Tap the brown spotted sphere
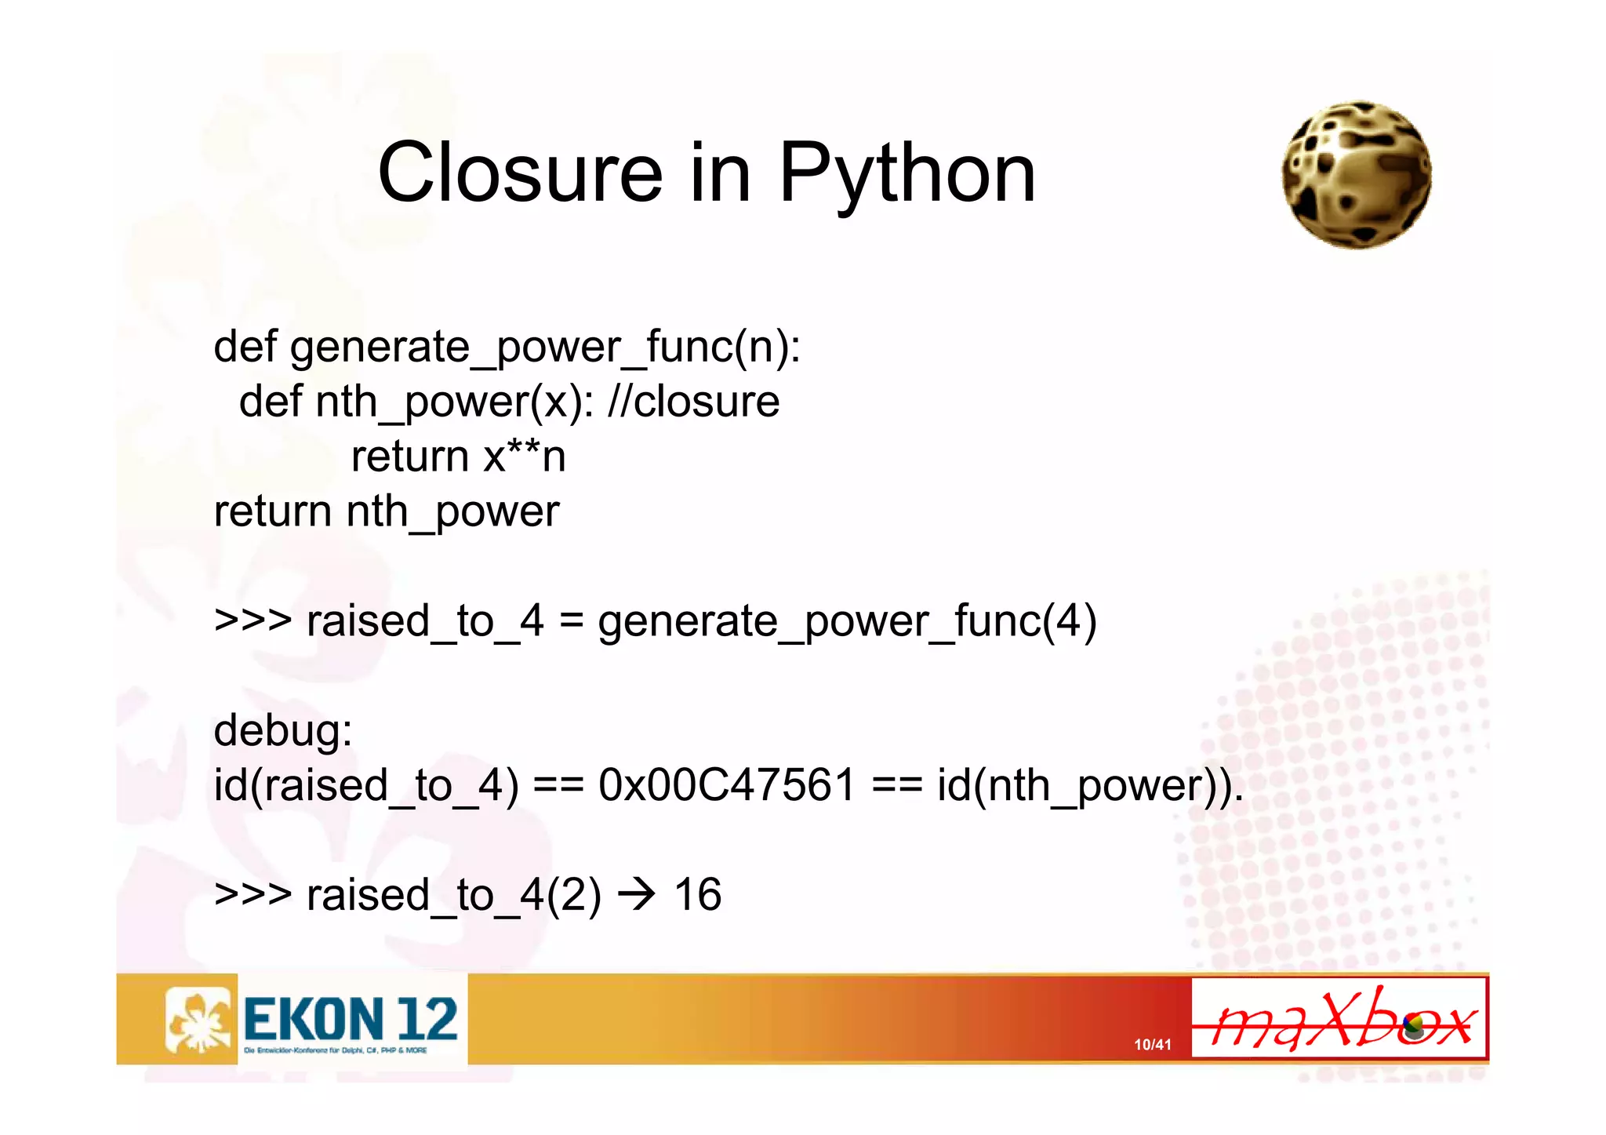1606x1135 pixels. [1356, 175]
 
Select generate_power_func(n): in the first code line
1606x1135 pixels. [545, 347]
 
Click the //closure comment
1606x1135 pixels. [693, 402]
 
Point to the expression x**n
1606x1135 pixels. [524, 457]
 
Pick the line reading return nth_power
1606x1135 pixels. [387, 511]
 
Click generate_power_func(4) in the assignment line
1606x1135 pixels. [847, 621]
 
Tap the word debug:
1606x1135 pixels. [283, 730]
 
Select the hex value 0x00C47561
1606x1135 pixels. [726, 785]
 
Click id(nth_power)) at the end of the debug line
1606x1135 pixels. [1090, 785]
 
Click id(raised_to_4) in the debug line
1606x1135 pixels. [366, 785]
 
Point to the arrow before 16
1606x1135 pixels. [637, 895]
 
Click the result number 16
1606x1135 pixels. [697, 895]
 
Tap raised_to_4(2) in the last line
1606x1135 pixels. [454, 895]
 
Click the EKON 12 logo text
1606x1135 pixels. [350, 1019]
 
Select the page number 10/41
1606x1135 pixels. [1152, 1045]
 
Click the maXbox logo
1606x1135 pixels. [1339, 1019]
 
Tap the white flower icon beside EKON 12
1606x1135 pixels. [199, 1019]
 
